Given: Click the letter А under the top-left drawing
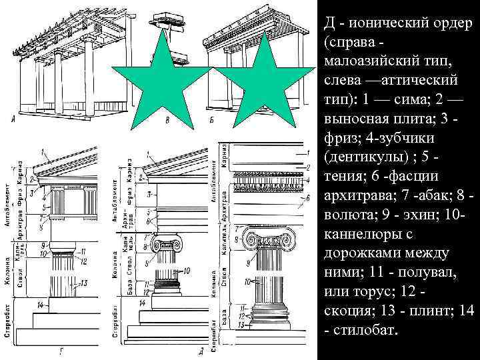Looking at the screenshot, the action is (x=13, y=120).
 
